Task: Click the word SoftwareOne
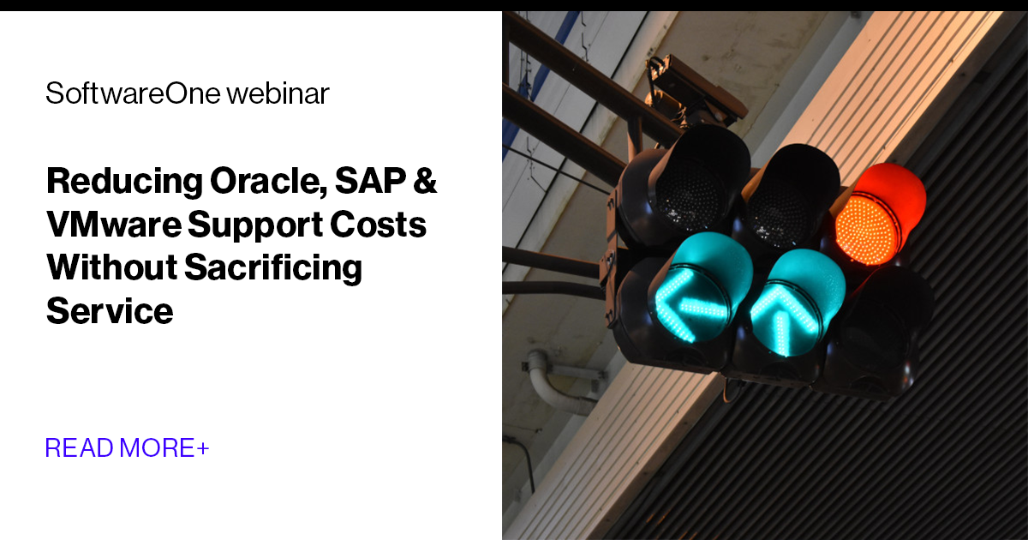click(133, 93)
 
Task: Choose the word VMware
click(112, 225)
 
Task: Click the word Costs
click(382, 225)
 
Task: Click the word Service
click(110, 310)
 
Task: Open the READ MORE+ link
click(127, 447)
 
